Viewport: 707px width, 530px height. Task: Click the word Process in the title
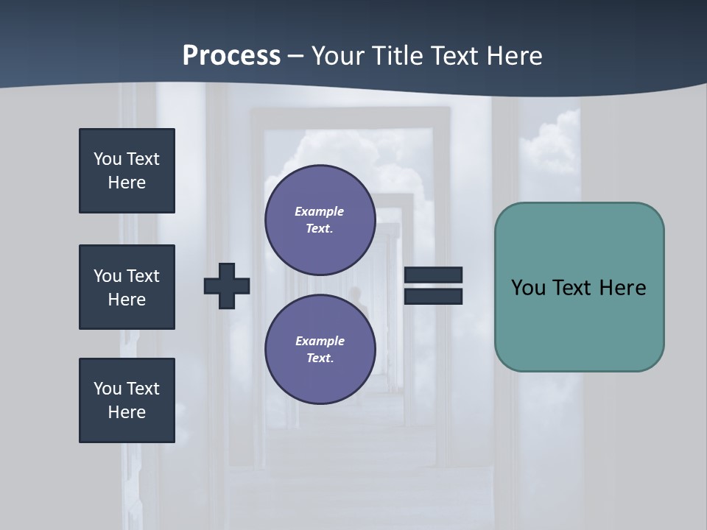point(231,56)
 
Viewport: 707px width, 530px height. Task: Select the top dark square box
point(127,171)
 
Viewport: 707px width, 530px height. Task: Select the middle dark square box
point(127,287)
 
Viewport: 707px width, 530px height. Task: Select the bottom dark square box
point(127,400)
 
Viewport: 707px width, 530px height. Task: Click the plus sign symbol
point(227,286)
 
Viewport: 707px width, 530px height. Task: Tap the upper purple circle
point(320,220)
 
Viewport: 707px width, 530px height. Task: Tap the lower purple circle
point(320,350)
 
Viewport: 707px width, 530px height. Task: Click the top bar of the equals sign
point(433,275)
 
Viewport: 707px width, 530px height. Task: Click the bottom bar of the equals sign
point(433,297)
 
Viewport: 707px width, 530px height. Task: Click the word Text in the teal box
point(574,288)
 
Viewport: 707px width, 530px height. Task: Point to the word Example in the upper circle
point(319,211)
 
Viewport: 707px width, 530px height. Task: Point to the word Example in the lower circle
point(320,341)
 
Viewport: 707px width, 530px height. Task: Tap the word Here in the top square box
point(127,183)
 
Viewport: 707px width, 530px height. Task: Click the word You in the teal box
point(528,288)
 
